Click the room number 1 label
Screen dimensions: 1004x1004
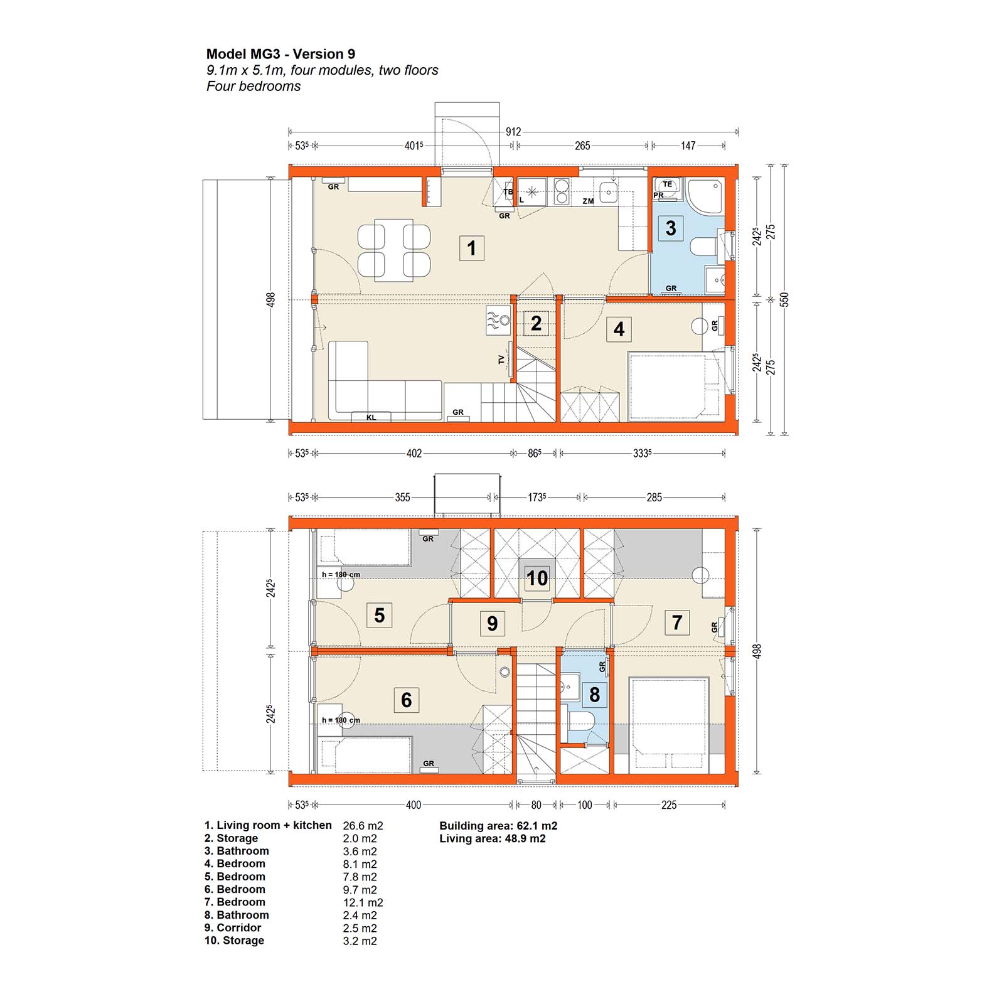coord(471,248)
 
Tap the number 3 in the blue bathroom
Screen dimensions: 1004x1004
coord(670,228)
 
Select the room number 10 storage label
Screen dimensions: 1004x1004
coord(537,578)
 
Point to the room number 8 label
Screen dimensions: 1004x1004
coord(594,695)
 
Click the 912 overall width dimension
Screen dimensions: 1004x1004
coord(513,132)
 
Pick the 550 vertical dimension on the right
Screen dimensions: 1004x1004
coord(784,300)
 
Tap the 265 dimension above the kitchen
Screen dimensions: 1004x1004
coord(582,146)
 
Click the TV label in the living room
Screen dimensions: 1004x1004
coord(501,360)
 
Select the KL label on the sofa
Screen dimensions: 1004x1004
coord(371,417)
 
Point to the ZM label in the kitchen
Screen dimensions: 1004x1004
coord(588,201)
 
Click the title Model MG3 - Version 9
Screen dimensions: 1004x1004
coord(280,54)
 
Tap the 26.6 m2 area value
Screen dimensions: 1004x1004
coord(363,826)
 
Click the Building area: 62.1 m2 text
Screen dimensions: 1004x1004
coord(498,826)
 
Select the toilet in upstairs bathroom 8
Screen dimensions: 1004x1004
coord(580,720)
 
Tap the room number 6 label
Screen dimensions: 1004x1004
coord(406,700)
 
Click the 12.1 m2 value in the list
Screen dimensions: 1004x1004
coord(363,902)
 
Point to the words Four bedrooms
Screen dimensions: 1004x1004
coord(254,87)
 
